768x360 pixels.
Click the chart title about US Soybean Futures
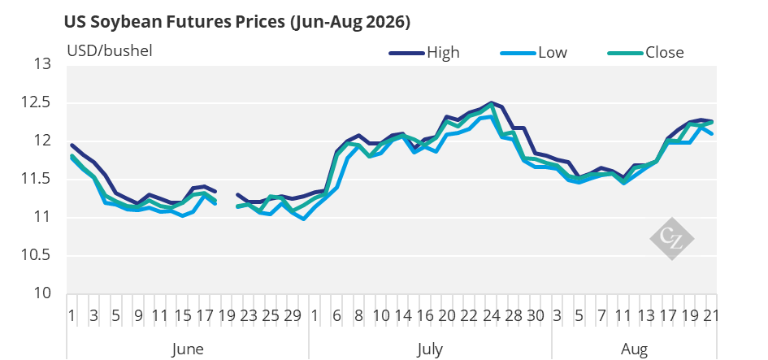click(x=237, y=23)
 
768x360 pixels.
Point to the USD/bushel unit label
click(x=110, y=50)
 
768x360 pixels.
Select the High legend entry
click(x=425, y=52)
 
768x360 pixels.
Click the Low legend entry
click(x=533, y=52)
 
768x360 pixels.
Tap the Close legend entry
click(x=645, y=52)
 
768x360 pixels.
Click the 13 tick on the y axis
click(x=42, y=65)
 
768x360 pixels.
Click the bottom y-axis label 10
click(x=42, y=294)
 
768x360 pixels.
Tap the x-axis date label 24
click(x=491, y=315)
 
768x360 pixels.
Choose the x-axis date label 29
click(x=293, y=315)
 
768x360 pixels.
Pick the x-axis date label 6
click(x=336, y=315)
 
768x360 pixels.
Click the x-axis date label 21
click(x=710, y=315)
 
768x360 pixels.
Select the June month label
click(x=188, y=349)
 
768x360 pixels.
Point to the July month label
click(x=430, y=349)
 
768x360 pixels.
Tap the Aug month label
click(x=634, y=349)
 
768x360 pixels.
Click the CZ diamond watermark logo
click(x=671, y=239)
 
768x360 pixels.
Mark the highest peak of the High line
click(x=491, y=102)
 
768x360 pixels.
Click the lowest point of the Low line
click(x=304, y=219)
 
